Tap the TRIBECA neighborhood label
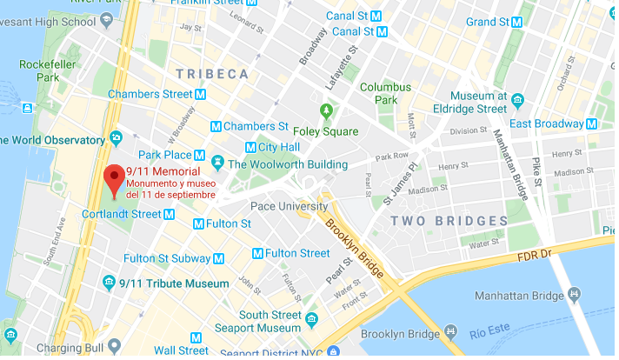[x=212, y=75]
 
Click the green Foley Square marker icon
[x=327, y=111]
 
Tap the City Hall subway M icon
[x=251, y=147]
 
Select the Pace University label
[x=289, y=206]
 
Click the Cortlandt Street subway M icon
[x=171, y=214]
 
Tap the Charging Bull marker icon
[x=10, y=336]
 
